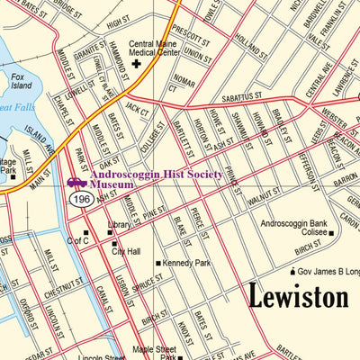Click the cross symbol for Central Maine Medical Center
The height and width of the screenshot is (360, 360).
pos(137,64)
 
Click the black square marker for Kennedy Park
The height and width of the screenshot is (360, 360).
pos(158,264)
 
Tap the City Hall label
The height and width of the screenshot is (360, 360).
pos(125,252)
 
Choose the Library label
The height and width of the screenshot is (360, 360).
pos(119,225)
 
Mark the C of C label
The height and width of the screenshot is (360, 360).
pos(78,241)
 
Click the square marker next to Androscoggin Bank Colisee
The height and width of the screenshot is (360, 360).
pos(331,234)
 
